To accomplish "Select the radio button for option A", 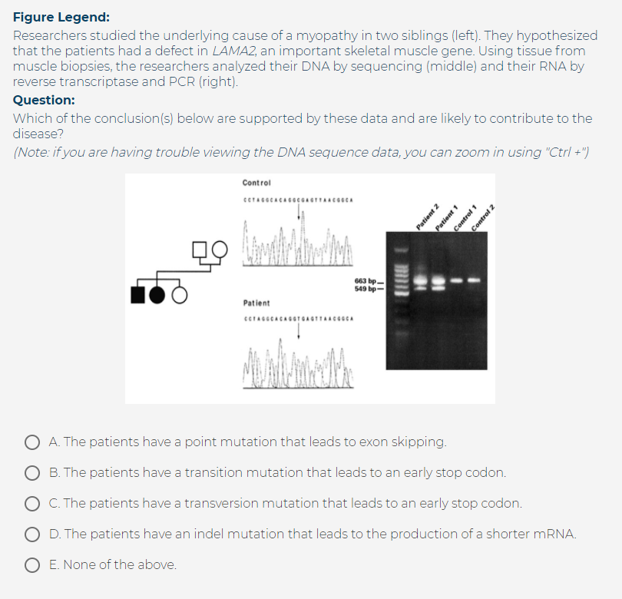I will point(32,442).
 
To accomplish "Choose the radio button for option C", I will point(32,504).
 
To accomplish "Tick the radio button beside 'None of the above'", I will point(32,565).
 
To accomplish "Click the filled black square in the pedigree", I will point(140,294).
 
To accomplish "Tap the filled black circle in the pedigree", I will point(160,294).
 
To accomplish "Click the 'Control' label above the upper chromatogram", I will point(256,183).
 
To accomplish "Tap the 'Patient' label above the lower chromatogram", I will point(256,303).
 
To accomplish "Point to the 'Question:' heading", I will point(44,100).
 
